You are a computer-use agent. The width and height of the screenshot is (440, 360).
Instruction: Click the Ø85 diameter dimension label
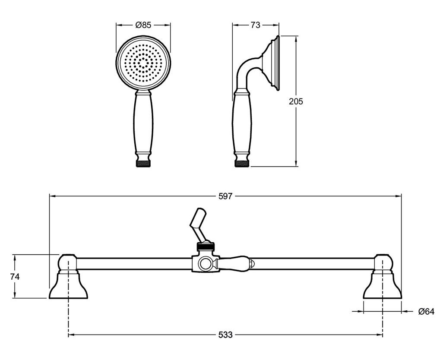click(x=143, y=25)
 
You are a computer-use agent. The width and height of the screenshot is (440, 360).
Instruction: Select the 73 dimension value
click(x=255, y=25)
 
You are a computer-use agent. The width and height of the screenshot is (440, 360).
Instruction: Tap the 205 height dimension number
click(x=296, y=101)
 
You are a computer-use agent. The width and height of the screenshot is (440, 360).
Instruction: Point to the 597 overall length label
click(x=225, y=196)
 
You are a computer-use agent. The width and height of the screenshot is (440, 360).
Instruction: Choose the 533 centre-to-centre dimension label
click(x=225, y=335)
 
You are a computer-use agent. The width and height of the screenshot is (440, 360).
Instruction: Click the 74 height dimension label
click(x=15, y=277)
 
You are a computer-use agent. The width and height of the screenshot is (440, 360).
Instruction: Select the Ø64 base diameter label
click(x=426, y=311)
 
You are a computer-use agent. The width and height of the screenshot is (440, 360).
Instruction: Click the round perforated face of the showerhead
click(x=143, y=62)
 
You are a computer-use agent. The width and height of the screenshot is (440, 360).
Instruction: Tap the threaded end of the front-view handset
click(x=144, y=164)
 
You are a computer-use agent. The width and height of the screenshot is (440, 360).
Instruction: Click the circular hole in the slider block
click(x=206, y=264)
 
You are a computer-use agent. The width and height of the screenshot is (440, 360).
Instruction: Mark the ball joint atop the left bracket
click(x=68, y=263)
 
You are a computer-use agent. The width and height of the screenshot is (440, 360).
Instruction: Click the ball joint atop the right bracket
click(x=383, y=263)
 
